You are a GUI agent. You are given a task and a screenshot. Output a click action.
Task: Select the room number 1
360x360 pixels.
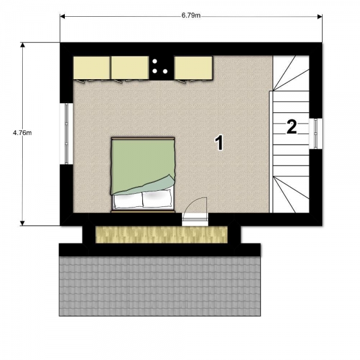[219, 142]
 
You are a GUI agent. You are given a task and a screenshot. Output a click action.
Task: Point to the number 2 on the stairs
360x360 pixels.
[292, 127]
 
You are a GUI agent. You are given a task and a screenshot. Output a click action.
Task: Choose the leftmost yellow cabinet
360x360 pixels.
[91, 68]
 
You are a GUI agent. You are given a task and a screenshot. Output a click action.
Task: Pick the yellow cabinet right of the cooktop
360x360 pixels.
[193, 67]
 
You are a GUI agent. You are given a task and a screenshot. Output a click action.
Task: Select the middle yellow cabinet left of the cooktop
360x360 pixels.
[129, 68]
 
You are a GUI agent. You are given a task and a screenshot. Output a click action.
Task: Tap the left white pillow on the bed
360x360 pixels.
[128, 200]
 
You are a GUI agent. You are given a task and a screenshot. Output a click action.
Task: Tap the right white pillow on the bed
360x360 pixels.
[157, 199]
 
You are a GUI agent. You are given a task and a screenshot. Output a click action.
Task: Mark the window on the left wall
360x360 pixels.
[66, 133]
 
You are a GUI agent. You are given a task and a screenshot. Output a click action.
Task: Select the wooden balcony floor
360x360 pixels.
[161, 235]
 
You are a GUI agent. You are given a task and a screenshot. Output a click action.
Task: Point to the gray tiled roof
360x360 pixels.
[160, 286]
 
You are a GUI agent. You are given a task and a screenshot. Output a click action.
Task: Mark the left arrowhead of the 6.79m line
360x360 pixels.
[62, 17]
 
